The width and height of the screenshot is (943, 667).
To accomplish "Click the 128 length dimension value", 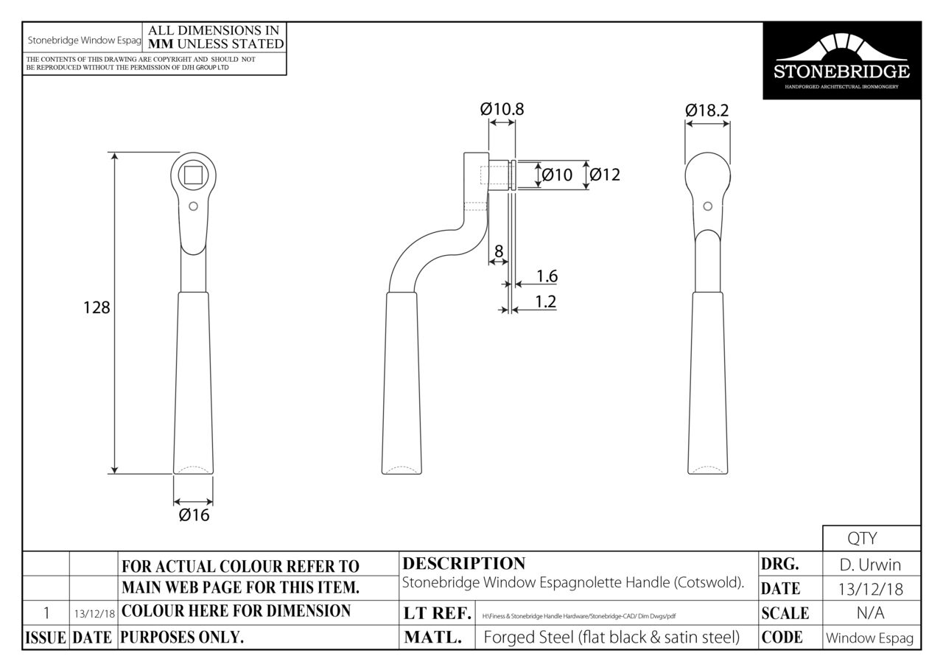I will coord(96,307).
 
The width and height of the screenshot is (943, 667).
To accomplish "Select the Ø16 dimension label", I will coord(194,515).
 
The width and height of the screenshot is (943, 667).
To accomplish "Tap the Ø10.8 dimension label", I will coord(502,109).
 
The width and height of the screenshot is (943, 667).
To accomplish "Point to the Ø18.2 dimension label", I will coord(707,111).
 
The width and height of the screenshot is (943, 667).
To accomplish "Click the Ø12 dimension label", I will coord(605,175).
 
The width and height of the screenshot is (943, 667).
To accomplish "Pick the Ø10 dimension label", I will coord(557,175).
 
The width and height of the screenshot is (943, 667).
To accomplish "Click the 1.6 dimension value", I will coord(547,276).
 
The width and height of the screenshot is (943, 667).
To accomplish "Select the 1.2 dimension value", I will coord(545,301).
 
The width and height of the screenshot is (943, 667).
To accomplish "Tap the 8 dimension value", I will coord(499,251).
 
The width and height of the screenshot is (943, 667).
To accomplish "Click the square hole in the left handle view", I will coord(193,175).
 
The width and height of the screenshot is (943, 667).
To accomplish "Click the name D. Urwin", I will coord(871,565).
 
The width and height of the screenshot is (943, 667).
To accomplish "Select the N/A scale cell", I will coord(871,613).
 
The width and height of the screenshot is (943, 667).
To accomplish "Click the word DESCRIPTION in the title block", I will coord(464,564).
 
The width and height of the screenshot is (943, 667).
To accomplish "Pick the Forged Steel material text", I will coord(611,638).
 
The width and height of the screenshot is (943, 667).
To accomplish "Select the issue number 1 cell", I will coord(46,612).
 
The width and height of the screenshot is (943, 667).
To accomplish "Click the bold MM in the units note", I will coord(161,43).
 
